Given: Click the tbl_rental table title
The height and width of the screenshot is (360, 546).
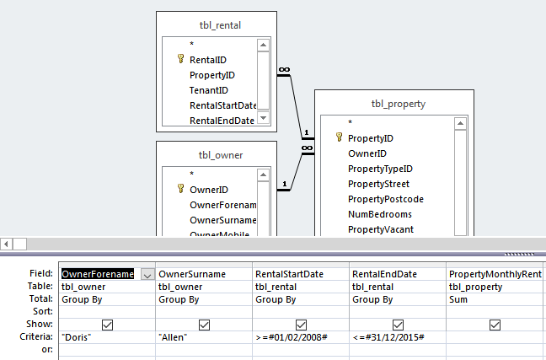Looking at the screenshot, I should pyautogui.click(x=217, y=25).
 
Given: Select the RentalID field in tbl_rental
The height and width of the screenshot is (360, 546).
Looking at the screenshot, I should pyautogui.click(x=207, y=60).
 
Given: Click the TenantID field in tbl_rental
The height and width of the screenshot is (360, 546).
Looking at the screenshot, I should pyautogui.click(x=209, y=90).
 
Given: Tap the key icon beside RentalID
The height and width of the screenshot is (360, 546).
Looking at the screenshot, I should pyautogui.click(x=180, y=60).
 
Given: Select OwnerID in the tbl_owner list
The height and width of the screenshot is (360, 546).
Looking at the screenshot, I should pyautogui.click(x=208, y=190).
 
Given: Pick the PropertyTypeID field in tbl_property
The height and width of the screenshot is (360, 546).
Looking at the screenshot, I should pyautogui.click(x=380, y=169).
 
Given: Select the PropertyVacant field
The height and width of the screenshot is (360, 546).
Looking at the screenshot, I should pyautogui.click(x=381, y=229).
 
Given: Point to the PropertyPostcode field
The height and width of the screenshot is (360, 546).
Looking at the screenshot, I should pyautogui.click(x=385, y=199).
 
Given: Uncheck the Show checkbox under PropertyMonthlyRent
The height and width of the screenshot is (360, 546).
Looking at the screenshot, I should pyautogui.click(x=495, y=325).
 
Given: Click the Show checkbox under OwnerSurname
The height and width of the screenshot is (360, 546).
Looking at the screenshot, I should pyautogui.click(x=204, y=325).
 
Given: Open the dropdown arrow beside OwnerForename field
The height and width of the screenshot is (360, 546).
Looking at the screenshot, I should pyautogui.click(x=147, y=274).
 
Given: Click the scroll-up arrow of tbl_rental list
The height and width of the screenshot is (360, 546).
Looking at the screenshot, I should pyautogui.click(x=264, y=46).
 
